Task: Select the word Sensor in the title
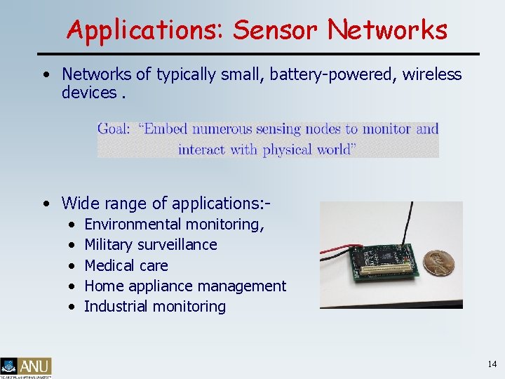(276, 29)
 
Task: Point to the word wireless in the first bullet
(433, 74)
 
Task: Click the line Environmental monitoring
(174, 225)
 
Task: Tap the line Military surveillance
(150, 245)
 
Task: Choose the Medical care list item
(126, 265)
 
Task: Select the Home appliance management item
(185, 286)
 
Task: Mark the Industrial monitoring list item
(154, 306)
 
